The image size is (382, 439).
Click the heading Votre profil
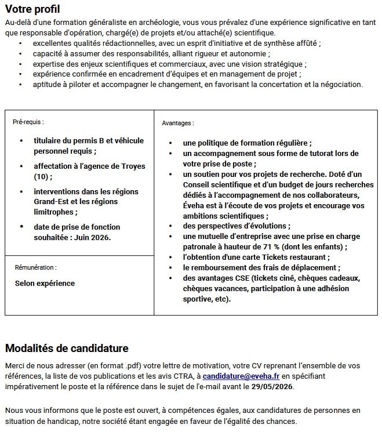[x=32, y=9]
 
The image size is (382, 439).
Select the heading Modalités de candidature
[x=67, y=349]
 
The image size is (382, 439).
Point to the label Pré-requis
[x=28, y=122]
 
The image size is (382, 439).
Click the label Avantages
[x=178, y=124]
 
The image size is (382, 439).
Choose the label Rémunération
[x=35, y=268]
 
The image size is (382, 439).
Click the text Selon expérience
[x=45, y=284]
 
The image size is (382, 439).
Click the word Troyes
[x=133, y=166]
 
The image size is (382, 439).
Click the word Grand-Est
[x=51, y=202]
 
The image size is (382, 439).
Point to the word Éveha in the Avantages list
[x=195, y=205]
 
